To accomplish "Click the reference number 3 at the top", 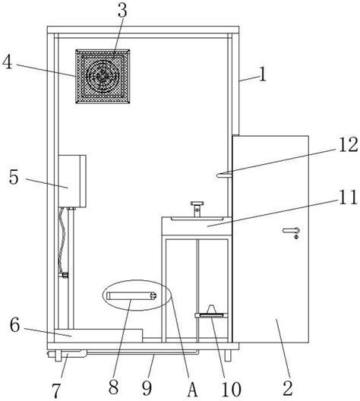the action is pos(122,11).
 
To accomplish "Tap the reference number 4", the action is pos(7,62).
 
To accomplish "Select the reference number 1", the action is pos(263,74).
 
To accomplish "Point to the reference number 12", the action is pos(349,145).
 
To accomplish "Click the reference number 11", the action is pos(348,197).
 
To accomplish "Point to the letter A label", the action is pos(192,390).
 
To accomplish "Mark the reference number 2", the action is pos(288,389).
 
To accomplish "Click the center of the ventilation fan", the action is pos(103,76).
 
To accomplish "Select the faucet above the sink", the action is pos(197,209).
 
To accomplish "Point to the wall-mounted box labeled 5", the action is pos(72,181).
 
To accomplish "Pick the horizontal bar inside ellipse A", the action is pos(131,296).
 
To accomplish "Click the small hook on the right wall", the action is pos(224,175).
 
